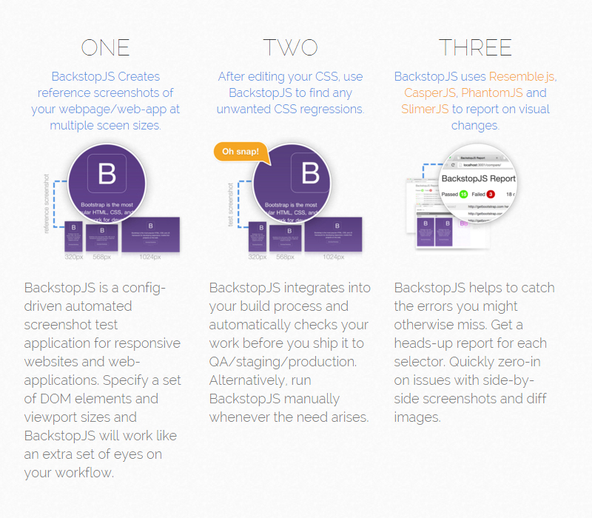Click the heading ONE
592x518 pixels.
click(x=105, y=47)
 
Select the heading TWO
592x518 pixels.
click(x=290, y=47)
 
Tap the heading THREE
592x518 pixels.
click(x=475, y=47)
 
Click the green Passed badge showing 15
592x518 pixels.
click(x=464, y=194)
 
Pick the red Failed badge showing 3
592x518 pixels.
click(x=490, y=194)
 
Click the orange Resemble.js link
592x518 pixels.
click(x=522, y=76)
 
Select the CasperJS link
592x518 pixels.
click(x=430, y=93)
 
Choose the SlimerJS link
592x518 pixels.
click(x=425, y=110)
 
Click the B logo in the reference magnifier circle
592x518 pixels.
click(x=107, y=175)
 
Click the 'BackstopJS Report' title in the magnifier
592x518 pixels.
click(x=478, y=178)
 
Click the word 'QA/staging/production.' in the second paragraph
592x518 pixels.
click(x=283, y=361)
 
